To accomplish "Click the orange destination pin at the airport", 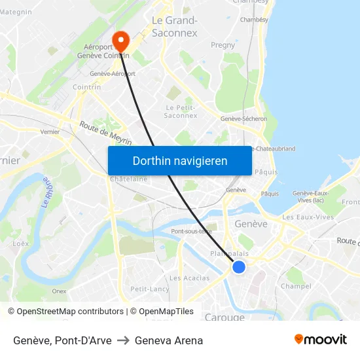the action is [x=120, y=41].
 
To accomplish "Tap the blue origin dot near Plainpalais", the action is [x=239, y=266].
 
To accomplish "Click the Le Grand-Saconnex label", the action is [x=174, y=26].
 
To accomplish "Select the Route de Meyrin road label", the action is [x=105, y=133].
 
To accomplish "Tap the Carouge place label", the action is [x=225, y=317].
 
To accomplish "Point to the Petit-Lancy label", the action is [x=149, y=289].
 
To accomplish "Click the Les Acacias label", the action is [x=189, y=278].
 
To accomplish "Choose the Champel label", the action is [x=295, y=286].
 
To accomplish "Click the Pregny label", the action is [x=223, y=45].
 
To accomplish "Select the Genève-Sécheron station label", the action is [x=243, y=118].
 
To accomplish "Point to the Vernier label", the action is [x=50, y=132].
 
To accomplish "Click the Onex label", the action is [x=59, y=291].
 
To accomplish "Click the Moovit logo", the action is [x=321, y=340].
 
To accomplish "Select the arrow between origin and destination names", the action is [x=123, y=340].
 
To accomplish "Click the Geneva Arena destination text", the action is [x=169, y=340].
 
